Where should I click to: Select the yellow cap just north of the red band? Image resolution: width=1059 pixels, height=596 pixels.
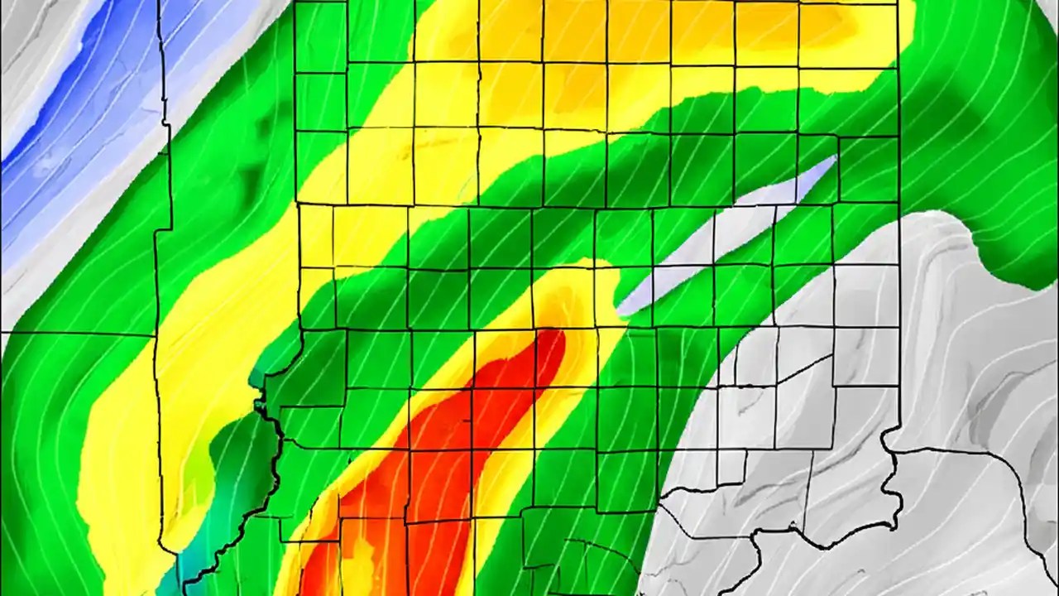click(x=571, y=298)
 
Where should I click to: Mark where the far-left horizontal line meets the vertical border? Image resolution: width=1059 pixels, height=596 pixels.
click(x=156, y=334)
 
